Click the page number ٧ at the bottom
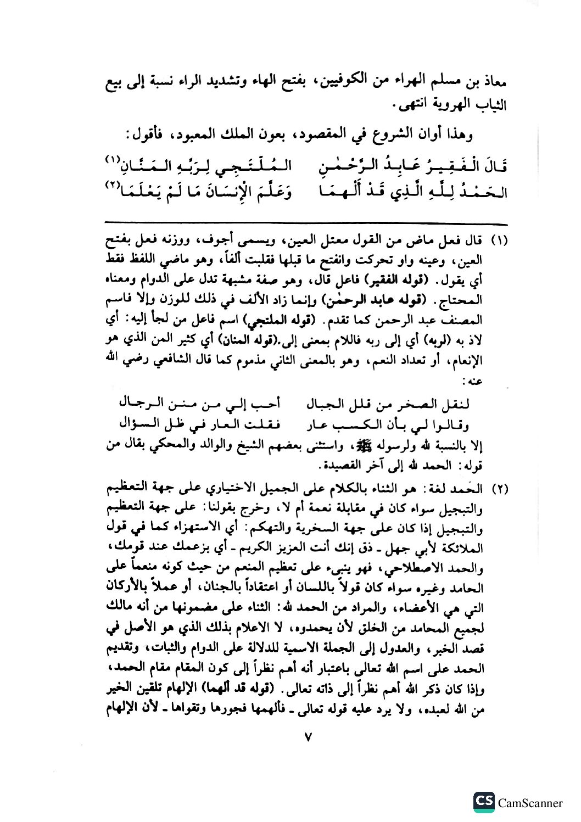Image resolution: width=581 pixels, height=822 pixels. coord(308,738)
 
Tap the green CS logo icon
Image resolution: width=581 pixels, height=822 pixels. coord(483,802)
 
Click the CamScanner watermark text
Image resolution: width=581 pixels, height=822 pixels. coord(530,803)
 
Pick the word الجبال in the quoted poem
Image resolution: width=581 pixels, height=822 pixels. coord(320,405)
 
